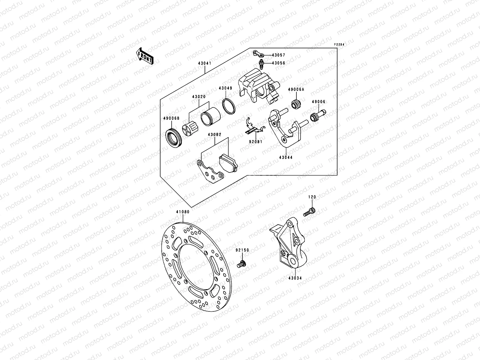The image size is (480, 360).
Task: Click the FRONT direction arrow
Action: pyautogui.click(x=145, y=55)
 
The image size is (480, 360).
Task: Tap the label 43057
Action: pyautogui.click(x=278, y=55)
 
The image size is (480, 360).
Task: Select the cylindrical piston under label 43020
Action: pyautogui.click(x=211, y=115)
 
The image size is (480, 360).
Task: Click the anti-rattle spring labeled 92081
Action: pyautogui.click(x=253, y=128)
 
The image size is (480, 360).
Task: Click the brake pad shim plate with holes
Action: pyautogui.click(x=210, y=172)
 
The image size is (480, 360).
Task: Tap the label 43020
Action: pyautogui.click(x=199, y=97)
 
